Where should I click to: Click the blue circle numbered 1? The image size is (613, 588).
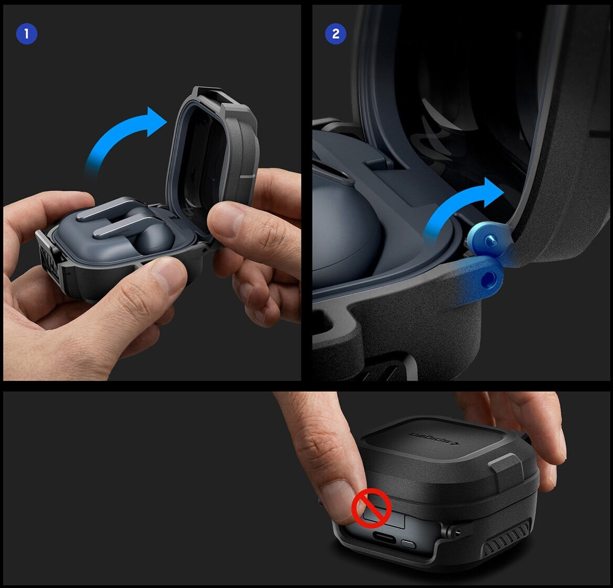point(27,34)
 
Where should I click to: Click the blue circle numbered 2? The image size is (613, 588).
point(336,34)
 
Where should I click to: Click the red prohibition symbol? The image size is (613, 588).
point(371,508)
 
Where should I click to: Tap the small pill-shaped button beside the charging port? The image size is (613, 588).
point(408,544)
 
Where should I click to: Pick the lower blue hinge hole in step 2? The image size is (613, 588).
point(489,279)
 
